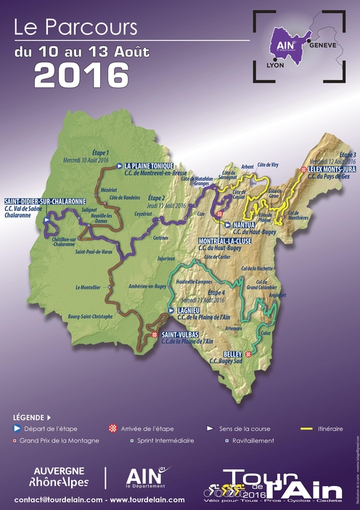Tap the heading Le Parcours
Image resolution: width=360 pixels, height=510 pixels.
point(75,28)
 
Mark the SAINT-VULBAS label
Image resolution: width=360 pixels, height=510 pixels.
point(185,334)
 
